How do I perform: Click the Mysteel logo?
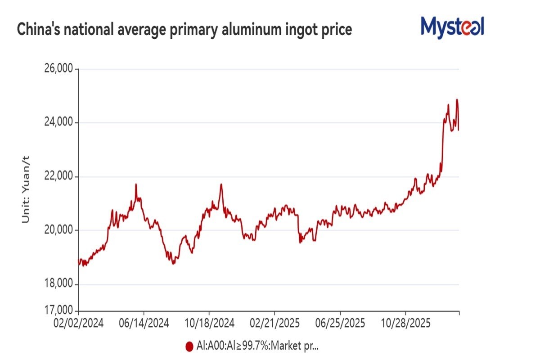[452, 27]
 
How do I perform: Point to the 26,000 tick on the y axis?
[58, 69]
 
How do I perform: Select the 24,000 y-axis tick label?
[58, 123]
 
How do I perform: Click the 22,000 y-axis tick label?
[58, 176]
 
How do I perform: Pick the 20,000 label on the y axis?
[58, 230]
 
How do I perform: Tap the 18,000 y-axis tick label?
[58, 284]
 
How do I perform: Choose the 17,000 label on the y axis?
[58, 310]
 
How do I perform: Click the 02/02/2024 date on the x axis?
[79, 324]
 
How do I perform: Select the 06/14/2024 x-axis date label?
[144, 324]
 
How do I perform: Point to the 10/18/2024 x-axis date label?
[209, 324]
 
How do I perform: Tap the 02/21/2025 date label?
[274, 324]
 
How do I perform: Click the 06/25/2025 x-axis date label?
[340, 324]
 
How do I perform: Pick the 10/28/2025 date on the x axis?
[405, 324]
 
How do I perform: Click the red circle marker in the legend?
[189, 346]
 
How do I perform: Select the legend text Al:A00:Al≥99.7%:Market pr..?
[257, 346]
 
